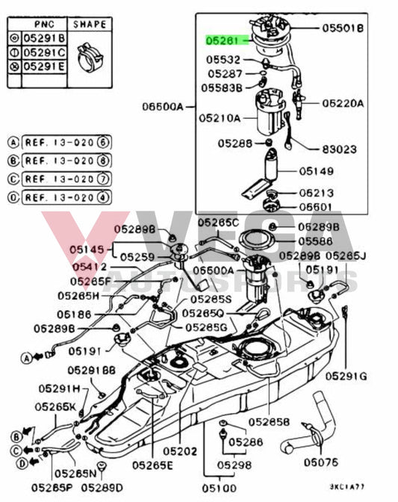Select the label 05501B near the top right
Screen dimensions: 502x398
pyautogui.click(x=343, y=28)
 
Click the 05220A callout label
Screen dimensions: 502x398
pyautogui.click(x=343, y=104)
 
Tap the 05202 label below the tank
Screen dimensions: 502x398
pyautogui.click(x=181, y=451)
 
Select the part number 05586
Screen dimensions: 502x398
pyautogui.click(x=315, y=241)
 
